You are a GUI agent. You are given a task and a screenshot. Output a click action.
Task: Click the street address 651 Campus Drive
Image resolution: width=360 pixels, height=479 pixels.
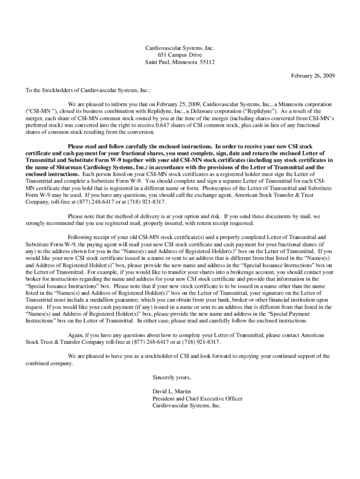coord(180,55)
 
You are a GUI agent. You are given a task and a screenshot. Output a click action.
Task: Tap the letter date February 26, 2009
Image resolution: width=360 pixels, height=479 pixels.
coord(313,76)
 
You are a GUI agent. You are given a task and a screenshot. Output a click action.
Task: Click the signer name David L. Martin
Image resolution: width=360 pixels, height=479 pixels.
coord(172,392)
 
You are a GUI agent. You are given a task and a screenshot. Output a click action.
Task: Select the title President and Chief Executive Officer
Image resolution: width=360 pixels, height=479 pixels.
coord(197,399)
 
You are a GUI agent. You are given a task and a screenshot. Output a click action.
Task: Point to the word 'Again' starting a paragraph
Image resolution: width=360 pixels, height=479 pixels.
coord(75,335)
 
